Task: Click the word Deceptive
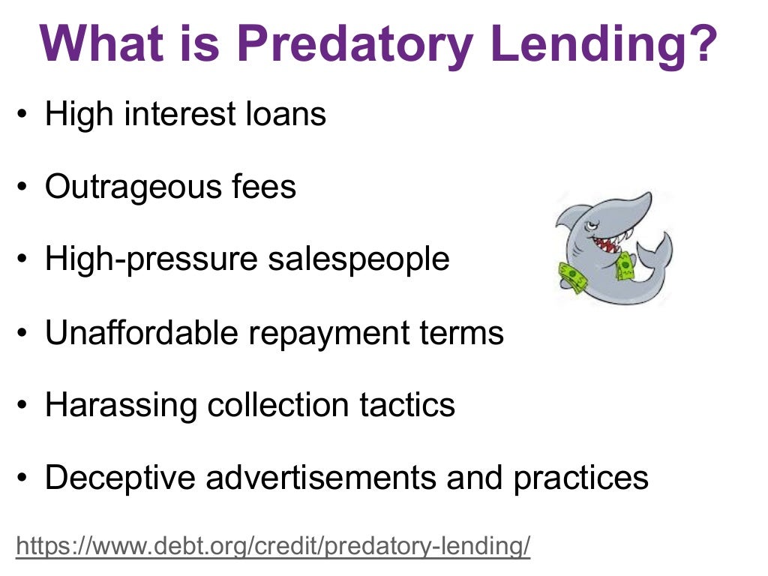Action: (x=120, y=478)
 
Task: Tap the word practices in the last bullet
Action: (x=580, y=478)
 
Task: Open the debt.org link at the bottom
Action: (x=273, y=546)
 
